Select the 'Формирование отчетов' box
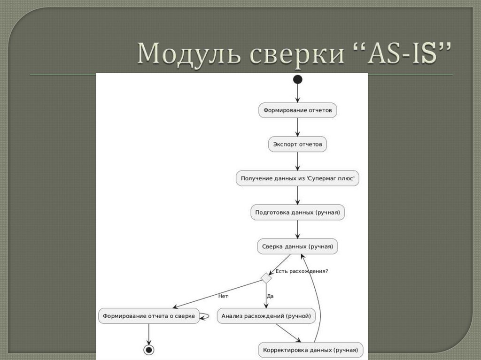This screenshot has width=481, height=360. click(297, 110)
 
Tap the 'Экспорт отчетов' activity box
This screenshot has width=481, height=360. click(297, 145)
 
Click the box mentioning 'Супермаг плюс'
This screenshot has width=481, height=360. click(297, 178)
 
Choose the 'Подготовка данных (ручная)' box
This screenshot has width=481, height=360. click(298, 212)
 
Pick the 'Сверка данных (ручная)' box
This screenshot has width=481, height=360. click(297, 246)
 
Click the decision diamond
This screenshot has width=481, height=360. click(266, 278)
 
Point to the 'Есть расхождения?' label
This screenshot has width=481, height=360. click(302, 271)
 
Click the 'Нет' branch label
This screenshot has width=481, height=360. click(223, 296)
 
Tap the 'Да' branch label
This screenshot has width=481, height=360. click(270, 296)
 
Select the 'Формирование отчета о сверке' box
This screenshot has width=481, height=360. click(148, 316)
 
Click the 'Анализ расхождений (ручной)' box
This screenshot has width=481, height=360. click(266, 316)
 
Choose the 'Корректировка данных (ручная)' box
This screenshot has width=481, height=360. click(310, 350)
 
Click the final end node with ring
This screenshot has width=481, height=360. click(149, 350)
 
